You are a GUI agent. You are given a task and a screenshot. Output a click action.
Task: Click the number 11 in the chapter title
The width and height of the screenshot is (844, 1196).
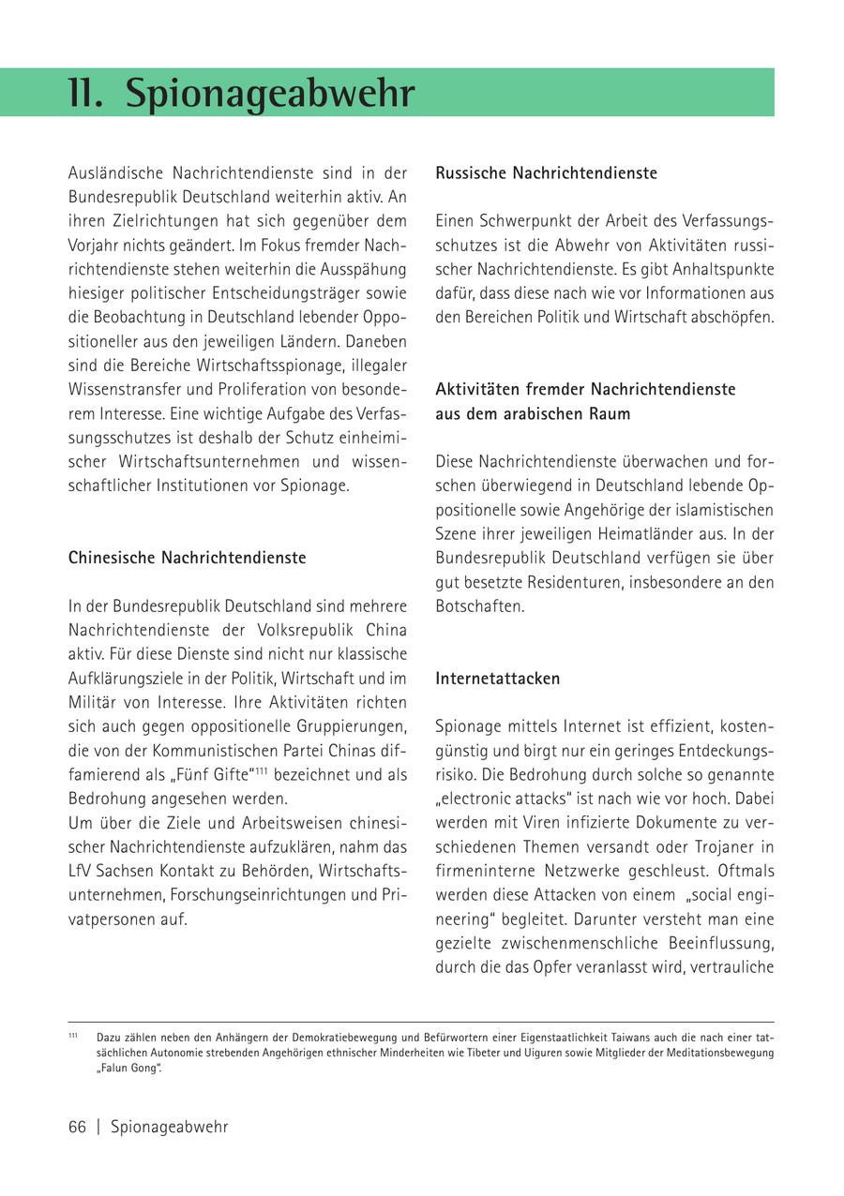(x=85, y=94)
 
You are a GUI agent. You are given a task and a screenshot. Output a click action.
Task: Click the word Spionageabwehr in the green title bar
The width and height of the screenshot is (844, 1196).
(x=270, y=95)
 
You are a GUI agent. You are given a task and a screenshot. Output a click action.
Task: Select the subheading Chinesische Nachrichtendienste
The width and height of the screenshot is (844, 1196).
(x=188, y=558)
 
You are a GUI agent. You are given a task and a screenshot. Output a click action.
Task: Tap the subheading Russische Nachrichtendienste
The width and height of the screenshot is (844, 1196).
(x=546, y=173)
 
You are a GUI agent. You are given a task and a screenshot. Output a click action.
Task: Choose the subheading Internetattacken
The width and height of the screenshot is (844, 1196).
(x=497, y=679)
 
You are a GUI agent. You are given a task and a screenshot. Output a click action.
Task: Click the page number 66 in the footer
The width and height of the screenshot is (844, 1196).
(x=77, y=1127)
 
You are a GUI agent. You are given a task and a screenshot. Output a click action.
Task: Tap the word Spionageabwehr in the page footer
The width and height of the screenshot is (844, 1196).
(x=169, y=1127)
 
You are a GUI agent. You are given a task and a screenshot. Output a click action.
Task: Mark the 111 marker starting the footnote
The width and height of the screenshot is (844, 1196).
(x=73, y=1036)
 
